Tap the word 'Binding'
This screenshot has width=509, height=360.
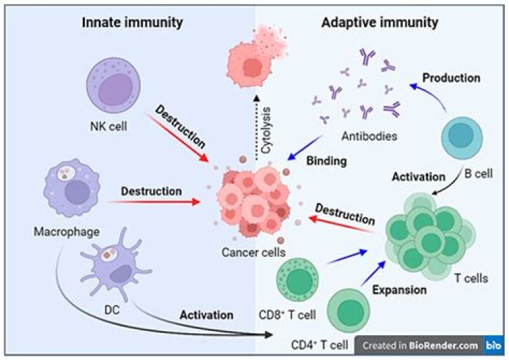[326, 161]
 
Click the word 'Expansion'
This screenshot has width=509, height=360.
[400, 290]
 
